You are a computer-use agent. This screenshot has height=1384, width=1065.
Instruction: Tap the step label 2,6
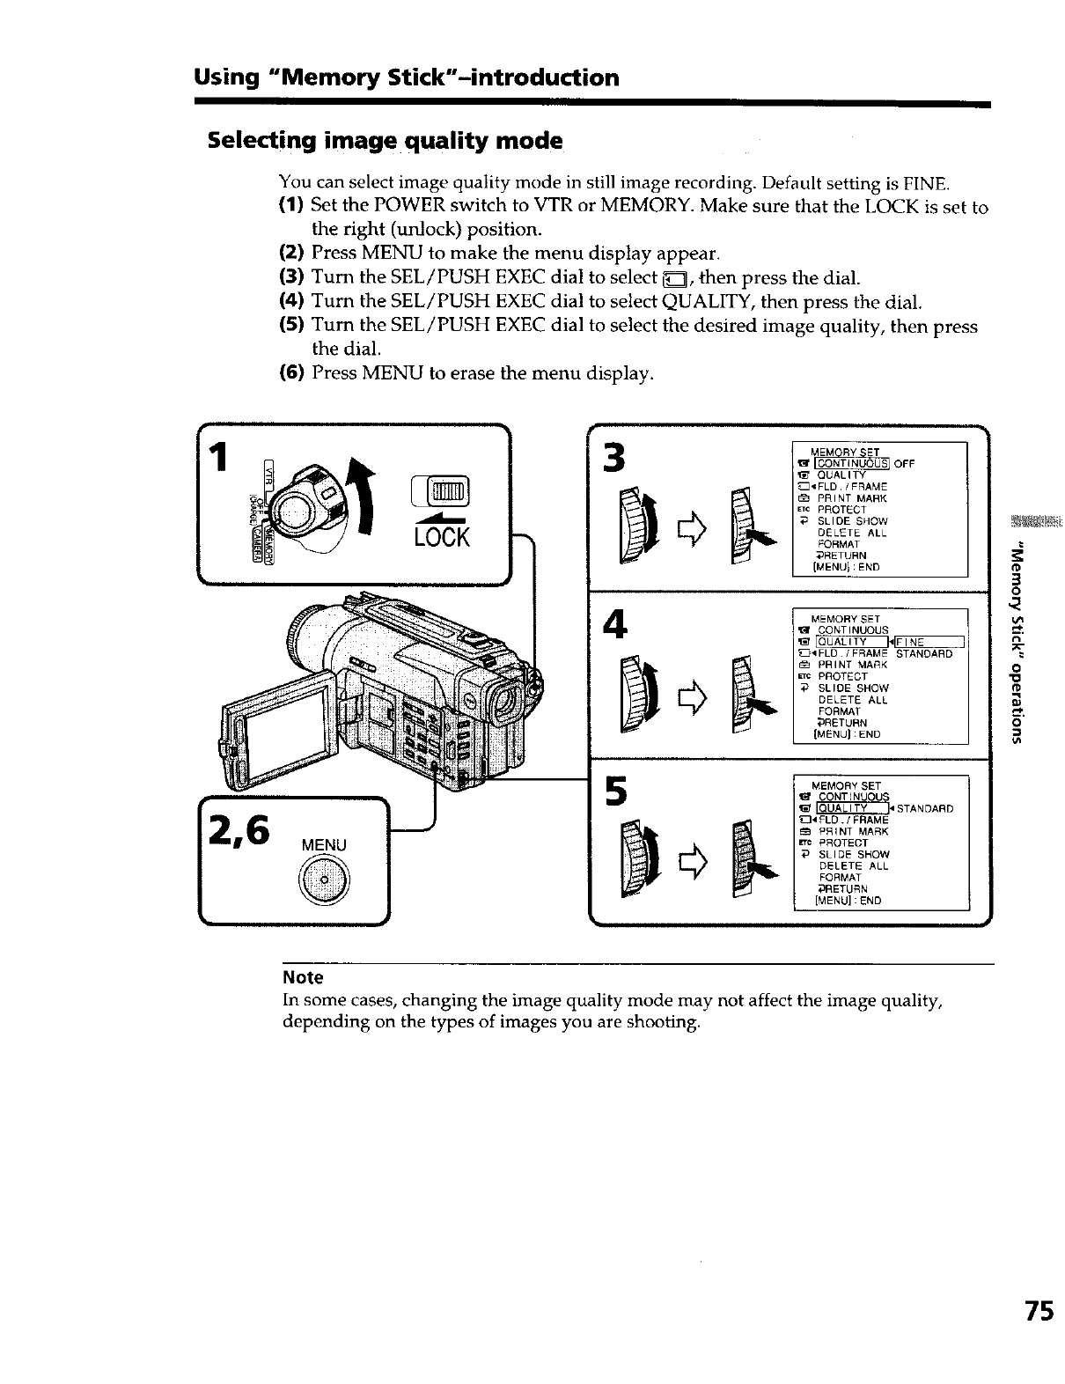(240, 829)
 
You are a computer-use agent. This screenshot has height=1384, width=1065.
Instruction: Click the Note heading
(303, 977)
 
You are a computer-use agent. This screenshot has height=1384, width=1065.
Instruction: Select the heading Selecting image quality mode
(384, 141)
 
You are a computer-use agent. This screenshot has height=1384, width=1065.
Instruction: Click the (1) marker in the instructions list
(291, 207)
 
